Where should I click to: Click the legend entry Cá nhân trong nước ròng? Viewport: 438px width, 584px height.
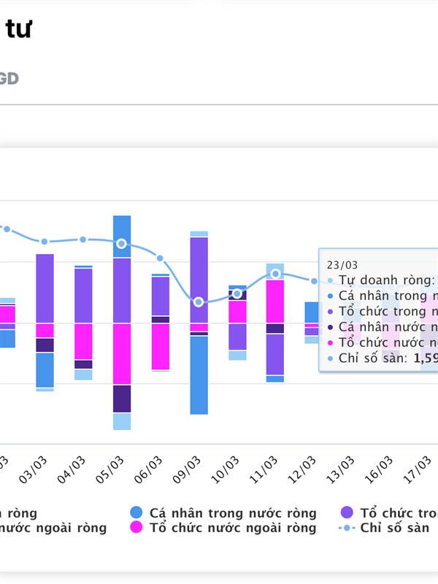tap(232, 513)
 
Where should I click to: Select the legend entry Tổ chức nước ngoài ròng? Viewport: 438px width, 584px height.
tap(232, 528)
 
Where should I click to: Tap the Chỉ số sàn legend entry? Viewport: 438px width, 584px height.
tap(394, 528)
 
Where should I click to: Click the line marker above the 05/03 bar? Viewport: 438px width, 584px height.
tap(122, 244)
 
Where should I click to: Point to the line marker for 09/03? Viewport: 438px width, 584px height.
tap(199, 301)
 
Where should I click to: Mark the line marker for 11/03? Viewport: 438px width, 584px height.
tap(275, 274)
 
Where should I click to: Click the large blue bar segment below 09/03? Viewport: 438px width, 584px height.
tap(199, 374)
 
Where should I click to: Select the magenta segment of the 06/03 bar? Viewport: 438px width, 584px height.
tap(161, 346)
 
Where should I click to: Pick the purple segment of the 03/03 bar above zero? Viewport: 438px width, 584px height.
tap(45, 288)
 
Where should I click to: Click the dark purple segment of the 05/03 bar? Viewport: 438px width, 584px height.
tap(122, 398)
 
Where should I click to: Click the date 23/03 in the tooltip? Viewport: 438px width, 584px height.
tap(342, 265)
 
